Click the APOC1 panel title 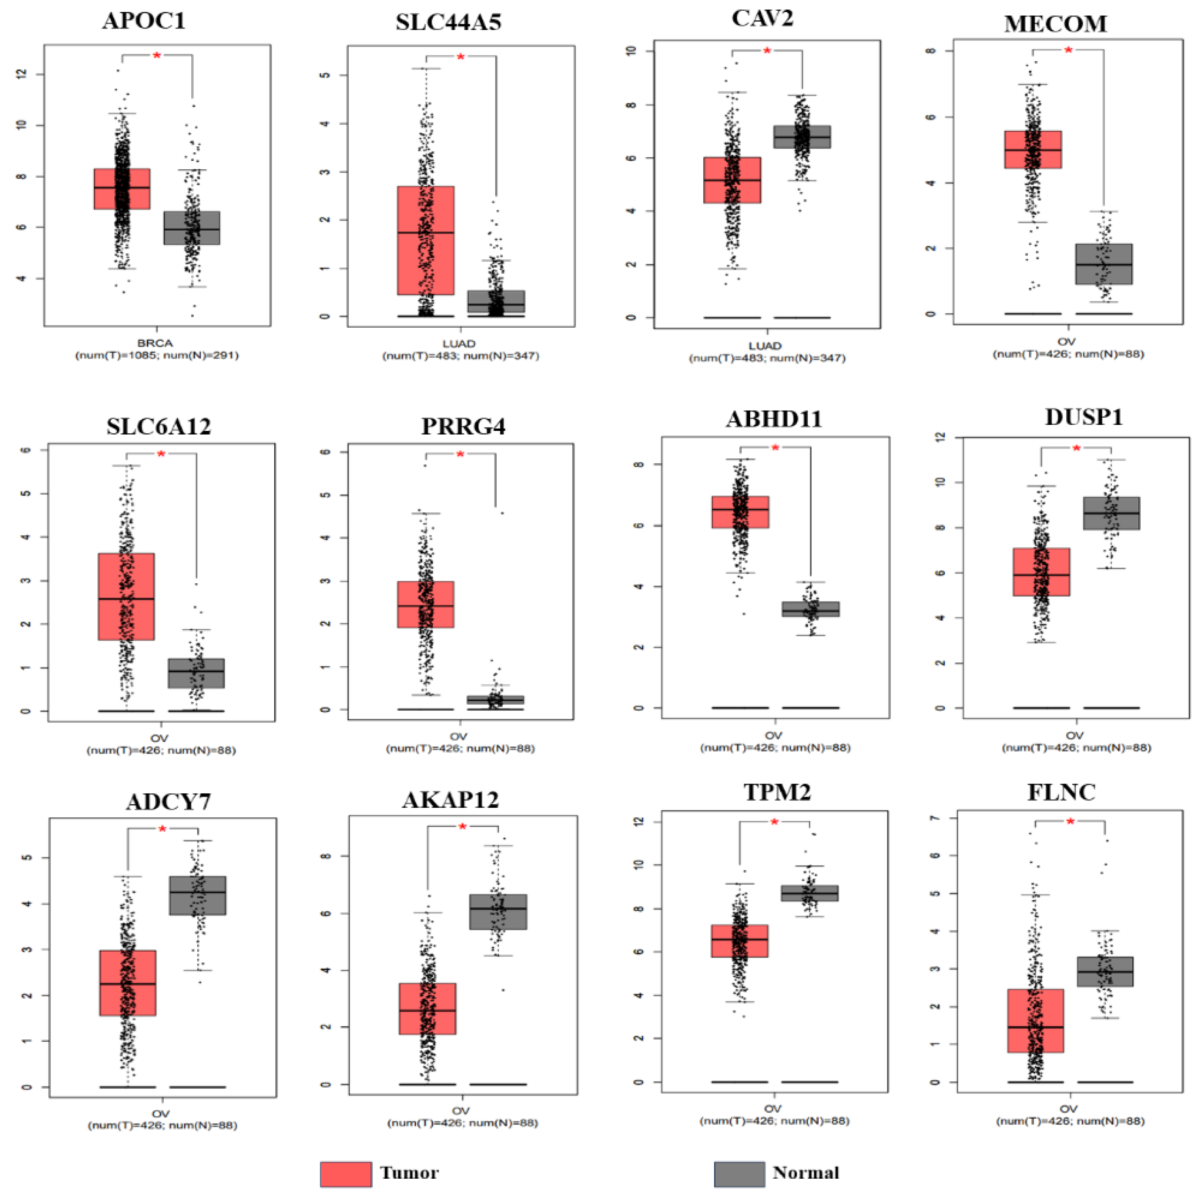click(144, 21)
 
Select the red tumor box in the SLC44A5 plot click(426, 241)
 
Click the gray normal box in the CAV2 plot click(802, 136)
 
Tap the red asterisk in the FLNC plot click(1070, 821)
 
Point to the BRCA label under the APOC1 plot click(156, 343)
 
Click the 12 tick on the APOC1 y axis click(23, 74)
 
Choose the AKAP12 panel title click(451, 800)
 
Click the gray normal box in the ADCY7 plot click(198, 895)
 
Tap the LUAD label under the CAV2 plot click(765, 346)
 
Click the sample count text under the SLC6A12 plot click(161, 750)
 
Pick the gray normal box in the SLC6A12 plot click(196, 673)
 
